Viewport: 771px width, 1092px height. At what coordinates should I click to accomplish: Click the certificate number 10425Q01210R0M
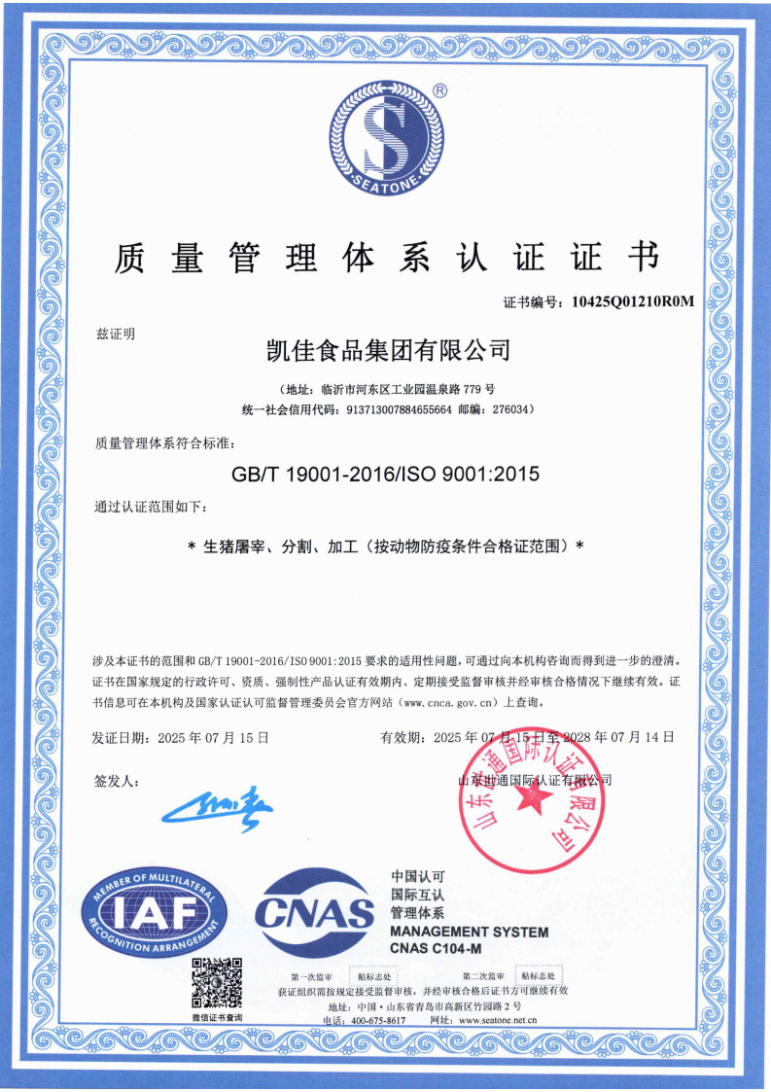633,301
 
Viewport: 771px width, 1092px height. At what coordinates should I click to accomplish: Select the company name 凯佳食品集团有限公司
387,348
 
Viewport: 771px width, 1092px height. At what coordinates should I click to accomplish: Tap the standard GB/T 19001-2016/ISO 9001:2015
385,475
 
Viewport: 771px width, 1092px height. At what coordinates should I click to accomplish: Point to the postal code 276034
507,409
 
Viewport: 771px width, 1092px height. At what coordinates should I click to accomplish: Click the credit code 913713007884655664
399,409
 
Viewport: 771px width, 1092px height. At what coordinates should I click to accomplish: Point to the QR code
217,983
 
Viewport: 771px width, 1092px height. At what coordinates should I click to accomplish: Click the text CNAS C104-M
436,948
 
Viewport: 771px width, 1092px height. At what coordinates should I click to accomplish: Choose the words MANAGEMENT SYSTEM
469,932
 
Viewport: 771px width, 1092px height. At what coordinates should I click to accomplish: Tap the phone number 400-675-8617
378,1020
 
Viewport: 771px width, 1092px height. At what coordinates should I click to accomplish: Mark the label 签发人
117,781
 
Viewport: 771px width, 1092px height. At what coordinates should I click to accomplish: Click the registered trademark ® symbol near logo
439,89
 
